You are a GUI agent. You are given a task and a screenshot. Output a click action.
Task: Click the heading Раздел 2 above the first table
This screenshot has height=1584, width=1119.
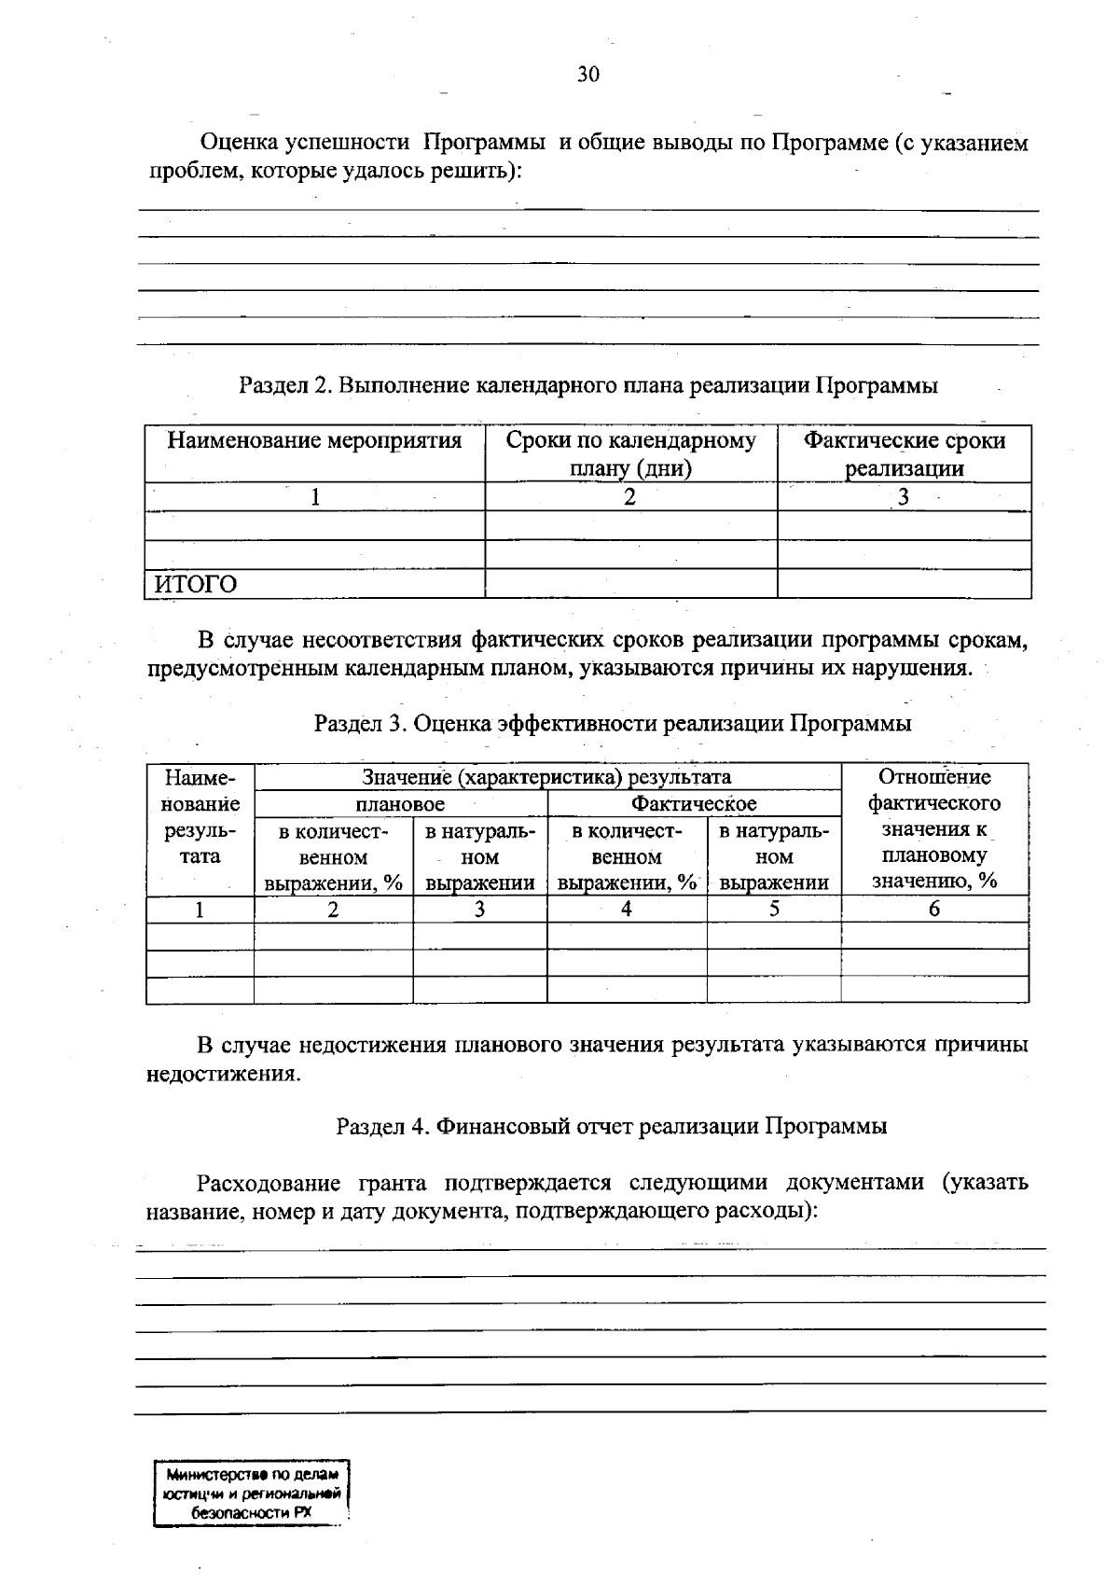tap(587, 385)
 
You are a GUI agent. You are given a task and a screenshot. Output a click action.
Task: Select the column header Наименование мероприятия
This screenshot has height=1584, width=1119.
tap(314, 441)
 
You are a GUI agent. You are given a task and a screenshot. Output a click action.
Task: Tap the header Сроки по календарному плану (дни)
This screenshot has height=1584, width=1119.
tap(630, 454)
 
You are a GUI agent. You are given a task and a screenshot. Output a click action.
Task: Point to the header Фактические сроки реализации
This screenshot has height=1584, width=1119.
tap(904, 454)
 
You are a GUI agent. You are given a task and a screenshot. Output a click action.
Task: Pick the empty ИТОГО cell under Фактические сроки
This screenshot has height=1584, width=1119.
tap(904, 584)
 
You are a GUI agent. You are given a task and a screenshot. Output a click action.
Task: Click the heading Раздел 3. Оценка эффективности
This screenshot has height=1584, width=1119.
tap(612, 723)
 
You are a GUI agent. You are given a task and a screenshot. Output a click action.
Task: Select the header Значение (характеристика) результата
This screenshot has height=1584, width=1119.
tap(546, 777)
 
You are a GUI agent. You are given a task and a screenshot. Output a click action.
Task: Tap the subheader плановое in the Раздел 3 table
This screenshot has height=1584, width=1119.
tap(400, 804)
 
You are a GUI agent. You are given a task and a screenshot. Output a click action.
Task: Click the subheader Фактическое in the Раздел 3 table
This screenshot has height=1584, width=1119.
tap(694, 804)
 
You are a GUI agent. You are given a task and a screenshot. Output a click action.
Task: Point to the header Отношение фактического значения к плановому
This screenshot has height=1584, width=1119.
tap(934, 829)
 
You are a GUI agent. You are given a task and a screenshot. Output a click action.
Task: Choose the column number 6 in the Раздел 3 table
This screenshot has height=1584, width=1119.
tap(934, 910)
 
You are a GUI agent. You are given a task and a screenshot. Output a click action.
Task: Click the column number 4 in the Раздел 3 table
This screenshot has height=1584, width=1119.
tap(627, 910)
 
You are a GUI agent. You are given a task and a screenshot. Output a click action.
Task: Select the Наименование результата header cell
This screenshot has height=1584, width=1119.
tap(200, 817)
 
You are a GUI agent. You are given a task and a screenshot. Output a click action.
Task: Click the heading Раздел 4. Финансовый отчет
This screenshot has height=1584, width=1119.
tap(611, 1126)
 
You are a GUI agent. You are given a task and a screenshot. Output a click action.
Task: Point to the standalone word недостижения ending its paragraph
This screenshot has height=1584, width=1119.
tap(224, 1074)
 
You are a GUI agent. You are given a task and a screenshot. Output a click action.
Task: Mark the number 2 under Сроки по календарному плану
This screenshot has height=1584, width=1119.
tap(630, 498)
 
